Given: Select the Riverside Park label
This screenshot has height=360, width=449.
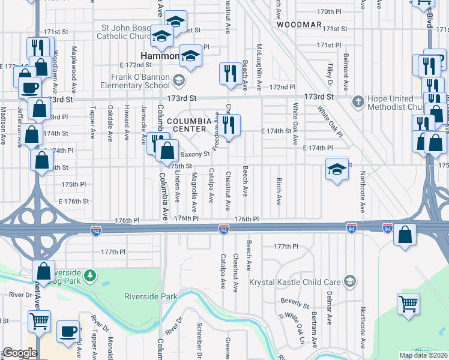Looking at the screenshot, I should (x=151, y=296).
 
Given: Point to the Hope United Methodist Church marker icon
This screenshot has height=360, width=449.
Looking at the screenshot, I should (x=358, y=100).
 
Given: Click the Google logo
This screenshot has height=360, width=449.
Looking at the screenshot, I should (x=20, y=353).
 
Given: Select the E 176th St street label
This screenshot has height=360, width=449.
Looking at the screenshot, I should (x=73, y=202).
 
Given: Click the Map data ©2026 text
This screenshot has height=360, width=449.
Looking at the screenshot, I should (x=423, y=355).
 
